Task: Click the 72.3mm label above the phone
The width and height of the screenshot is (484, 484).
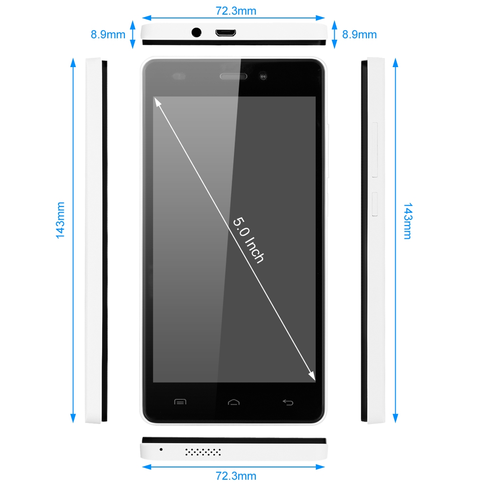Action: pos(236,11)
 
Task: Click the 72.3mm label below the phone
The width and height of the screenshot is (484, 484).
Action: pos(236,475)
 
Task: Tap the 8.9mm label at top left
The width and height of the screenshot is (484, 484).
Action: pos(108,34)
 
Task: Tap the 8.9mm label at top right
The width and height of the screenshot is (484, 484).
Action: pos(360,34)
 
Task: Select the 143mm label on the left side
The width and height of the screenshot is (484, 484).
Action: pos(60,220)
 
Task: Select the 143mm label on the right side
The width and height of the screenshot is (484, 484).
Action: pos(408,221)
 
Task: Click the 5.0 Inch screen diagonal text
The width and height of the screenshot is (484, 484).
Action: pos(249,240)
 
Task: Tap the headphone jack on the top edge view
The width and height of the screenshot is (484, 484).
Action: pos(196,32)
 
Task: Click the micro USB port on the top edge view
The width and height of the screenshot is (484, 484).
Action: pos(225,33)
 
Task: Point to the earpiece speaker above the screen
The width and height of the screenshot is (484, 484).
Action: pos(233,76)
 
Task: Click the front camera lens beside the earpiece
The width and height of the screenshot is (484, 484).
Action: pos(263,76)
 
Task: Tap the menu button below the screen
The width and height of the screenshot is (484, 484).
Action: pos(180,402)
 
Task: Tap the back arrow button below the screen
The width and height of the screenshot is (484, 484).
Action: pos(288,402)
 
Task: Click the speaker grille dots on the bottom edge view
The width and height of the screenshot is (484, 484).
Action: pos(203,452)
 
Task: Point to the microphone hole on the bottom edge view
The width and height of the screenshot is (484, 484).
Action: pos(161,449)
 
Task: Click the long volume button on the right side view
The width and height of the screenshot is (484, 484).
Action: pos(375,150)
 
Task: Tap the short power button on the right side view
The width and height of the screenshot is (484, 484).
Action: pos(375,204)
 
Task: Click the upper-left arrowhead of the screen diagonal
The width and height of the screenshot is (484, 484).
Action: pos(158,102)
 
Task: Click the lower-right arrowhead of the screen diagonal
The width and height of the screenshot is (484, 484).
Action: pos(312,376)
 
